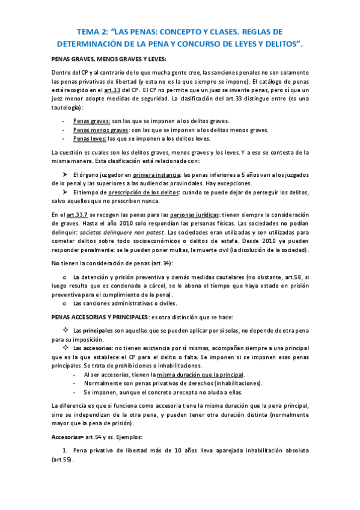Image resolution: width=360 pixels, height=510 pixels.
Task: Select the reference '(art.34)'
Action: pos(160,263)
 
